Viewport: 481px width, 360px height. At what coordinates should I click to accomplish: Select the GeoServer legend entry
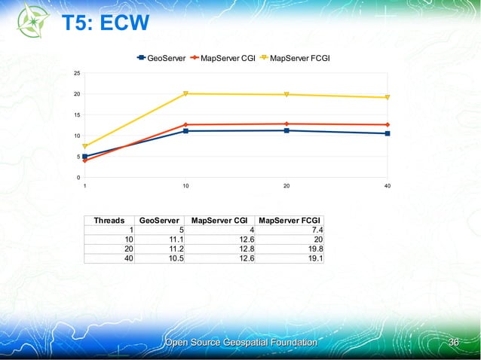(162, 57)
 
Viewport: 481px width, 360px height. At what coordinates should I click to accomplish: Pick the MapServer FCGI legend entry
(299, 57)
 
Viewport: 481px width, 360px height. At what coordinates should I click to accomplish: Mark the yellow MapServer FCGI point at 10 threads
(185, 94)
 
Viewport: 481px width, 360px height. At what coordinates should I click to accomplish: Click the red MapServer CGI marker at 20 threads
(286, 124)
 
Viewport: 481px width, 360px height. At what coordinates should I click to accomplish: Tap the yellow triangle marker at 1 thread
(84, 146)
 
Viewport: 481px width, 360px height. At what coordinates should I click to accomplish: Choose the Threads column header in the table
(109, 221)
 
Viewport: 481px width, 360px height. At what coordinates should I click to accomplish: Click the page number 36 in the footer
(454, 343)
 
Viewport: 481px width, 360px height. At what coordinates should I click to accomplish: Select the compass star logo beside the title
(28, 24)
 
